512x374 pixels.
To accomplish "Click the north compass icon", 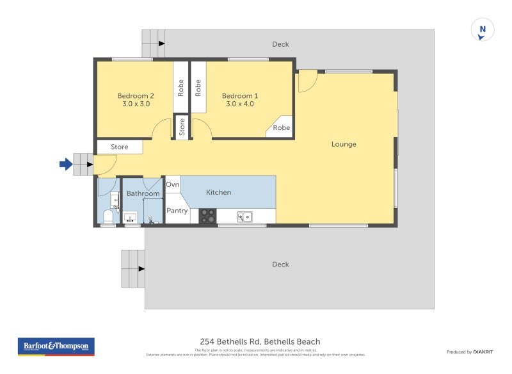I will click(x=483, y=30).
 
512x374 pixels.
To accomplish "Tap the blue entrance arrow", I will click(x=65, y=165).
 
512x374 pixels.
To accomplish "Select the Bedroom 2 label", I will click(x=135, y=99).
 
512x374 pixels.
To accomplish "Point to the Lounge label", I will click(x=344, y=144).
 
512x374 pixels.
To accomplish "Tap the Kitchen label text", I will click(x=218, y=192).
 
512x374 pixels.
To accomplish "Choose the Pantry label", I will click(x=177, y=211).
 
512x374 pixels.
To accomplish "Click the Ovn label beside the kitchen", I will click(x=173, y=184).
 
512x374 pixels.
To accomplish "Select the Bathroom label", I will click(x=143, y=193).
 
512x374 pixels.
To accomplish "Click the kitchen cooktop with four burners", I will click(x=207, y=216).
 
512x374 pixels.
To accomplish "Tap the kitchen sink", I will click(x=245, y=217).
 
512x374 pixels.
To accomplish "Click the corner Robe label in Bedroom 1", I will click(x=282, y=127).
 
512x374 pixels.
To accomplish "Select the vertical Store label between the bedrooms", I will click(x=182, y=127).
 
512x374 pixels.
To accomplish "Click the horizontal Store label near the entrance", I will click(x=120, y=147).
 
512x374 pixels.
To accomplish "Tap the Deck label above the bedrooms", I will click(x=280, y=44).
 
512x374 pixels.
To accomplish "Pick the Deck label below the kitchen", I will click(x=280, y=264).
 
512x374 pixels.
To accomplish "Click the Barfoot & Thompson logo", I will click(x=56, y=346).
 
